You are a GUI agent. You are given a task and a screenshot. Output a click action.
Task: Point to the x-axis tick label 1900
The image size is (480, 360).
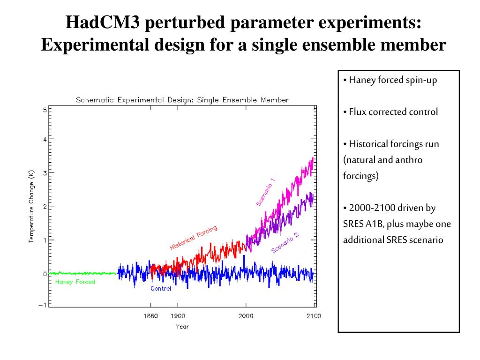tap(178, 316)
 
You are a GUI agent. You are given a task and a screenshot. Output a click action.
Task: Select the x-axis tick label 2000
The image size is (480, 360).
tap(246, 316)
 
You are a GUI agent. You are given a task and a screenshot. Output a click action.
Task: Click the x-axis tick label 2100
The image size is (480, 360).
tap(314, 316)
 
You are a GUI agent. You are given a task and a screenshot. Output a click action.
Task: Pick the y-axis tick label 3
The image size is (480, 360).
tap(45, 173)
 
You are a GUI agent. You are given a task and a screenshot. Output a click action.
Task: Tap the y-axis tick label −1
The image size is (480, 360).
tap(43, 305)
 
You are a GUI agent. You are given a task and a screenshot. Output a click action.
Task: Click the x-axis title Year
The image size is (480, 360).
tap(182, 327)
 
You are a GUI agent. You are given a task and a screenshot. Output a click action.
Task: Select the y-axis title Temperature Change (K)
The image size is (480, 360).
tap(31, 206)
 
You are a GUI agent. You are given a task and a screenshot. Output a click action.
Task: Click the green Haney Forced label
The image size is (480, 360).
tap(75, 282)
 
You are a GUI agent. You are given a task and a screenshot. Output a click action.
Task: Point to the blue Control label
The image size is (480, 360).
tap(161, 289)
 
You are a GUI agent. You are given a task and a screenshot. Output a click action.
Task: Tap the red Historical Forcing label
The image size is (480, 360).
tap(193, 238)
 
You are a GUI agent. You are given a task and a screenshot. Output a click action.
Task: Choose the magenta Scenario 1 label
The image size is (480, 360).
tap(266, 192)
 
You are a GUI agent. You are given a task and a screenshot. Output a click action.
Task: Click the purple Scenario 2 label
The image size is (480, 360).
tap(285, 242)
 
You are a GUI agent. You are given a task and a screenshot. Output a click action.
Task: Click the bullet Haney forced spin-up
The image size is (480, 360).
tap(392, 80)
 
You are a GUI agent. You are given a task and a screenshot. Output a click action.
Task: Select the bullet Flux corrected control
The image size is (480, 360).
tap(393, 112)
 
